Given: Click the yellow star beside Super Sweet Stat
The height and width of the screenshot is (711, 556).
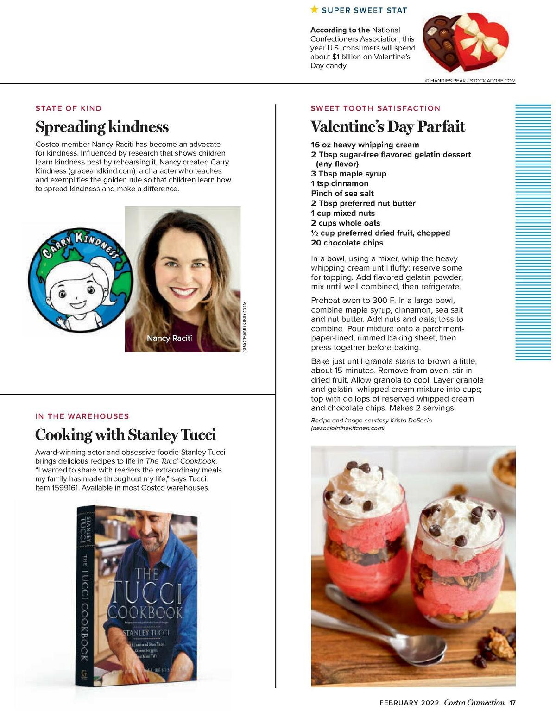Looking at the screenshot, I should coord(314,9).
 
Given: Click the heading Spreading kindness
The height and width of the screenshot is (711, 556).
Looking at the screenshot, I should coord(102,126).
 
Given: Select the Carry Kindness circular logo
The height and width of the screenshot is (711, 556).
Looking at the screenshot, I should coord(80,280).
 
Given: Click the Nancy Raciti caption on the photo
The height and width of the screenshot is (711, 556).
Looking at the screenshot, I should coord(169,338).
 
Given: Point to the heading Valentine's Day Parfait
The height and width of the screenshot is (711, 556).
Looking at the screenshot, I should coord(387,126).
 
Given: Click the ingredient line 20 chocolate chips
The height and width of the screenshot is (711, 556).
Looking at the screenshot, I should coord(347,243).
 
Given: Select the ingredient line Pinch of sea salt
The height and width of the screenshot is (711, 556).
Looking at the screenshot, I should coord(342,194).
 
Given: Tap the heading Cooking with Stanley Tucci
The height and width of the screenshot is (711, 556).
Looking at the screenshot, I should coord(126,434).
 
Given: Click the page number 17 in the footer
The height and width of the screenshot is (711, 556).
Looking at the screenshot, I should coord(512,703).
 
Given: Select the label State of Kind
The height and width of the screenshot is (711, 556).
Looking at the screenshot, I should coord(69,108).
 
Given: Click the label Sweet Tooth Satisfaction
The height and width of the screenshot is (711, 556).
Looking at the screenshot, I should coord(375,108).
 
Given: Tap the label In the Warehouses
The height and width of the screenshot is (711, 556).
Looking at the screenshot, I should coord(82,416).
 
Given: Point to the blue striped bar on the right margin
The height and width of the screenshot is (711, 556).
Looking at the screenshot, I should coord(533,232).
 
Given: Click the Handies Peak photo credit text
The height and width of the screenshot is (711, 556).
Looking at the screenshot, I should coord(470,81).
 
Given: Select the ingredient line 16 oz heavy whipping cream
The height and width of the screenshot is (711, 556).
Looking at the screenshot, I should coord(365,145).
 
